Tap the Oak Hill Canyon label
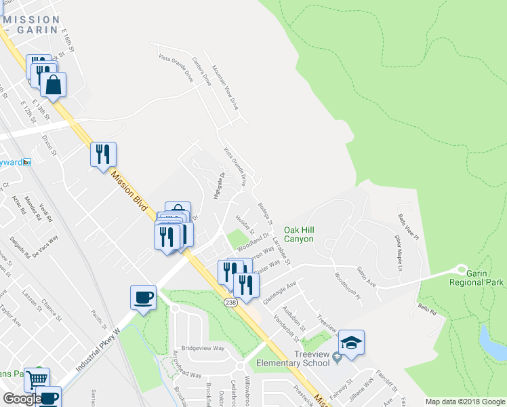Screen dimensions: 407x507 pos(298,235)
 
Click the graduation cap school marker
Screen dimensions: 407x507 pos(351,342)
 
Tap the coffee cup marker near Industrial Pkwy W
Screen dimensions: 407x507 pos(143,297)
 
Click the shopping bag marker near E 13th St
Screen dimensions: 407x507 pos(52,84)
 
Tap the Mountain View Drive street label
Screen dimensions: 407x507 pos(225,89)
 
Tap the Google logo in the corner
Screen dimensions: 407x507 pos(22,399)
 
